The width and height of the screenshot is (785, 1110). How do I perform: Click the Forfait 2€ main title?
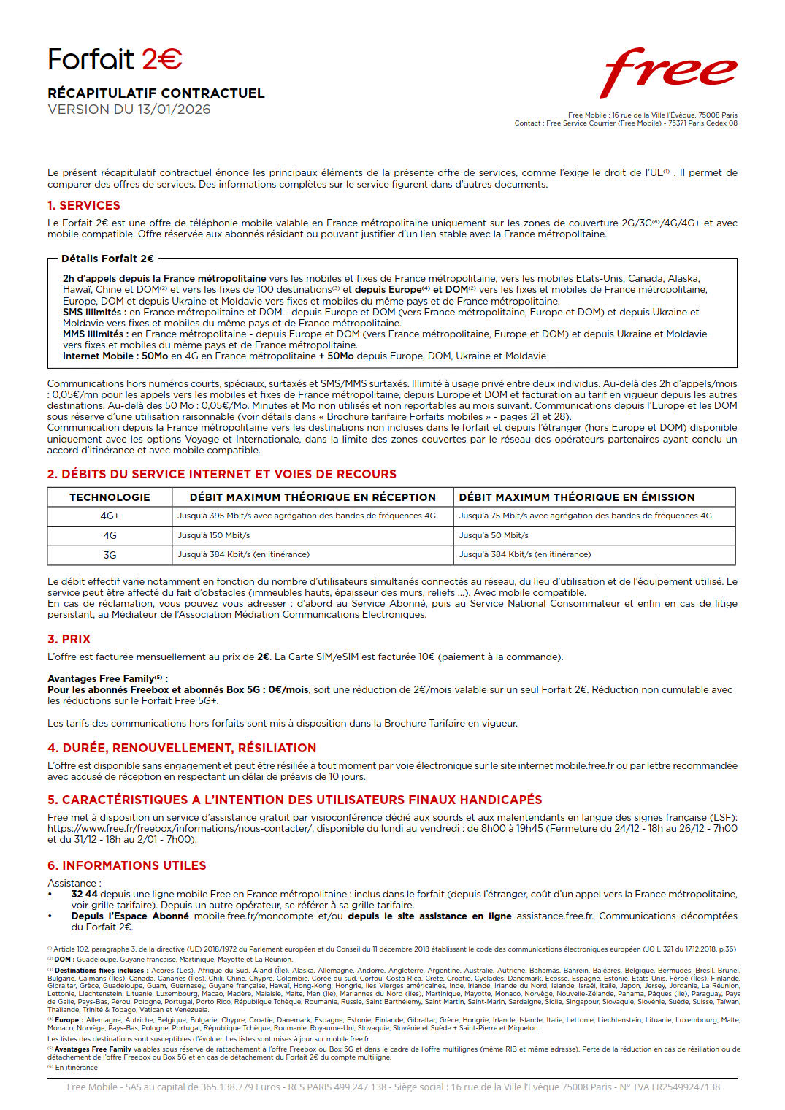[115, 60]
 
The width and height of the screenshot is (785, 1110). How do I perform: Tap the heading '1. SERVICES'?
[83, 206]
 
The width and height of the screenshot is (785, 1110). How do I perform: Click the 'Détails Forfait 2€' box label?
[107, 259]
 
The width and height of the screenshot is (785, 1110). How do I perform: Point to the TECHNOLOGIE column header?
[110, 497]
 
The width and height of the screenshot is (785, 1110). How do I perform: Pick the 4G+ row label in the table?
[110, 516]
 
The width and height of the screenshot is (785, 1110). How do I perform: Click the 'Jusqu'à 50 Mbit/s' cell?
[493, 535]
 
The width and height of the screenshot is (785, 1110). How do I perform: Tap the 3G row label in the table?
[110, 555]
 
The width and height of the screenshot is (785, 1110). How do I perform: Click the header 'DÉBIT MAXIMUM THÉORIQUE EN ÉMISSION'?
[577, 497]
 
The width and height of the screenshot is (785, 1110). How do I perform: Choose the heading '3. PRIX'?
[69, 640]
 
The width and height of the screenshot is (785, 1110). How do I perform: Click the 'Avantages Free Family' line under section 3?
[107, 678]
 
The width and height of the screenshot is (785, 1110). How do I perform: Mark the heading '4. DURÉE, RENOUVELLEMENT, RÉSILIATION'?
[182, 749]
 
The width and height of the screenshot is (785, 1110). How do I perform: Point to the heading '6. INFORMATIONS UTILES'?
[127, 866]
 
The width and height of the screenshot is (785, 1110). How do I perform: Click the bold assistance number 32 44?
[84, 894]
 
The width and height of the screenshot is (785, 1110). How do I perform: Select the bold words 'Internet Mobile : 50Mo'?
[115, 356]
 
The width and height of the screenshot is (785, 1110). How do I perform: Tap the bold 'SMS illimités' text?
[92, 312]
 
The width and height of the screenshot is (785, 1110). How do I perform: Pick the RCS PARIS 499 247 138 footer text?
[337, 1087]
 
